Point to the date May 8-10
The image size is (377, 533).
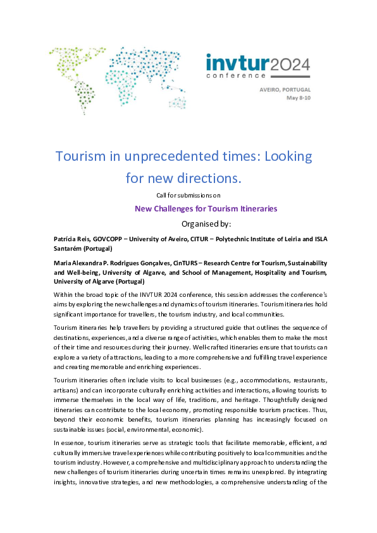click(x=298, y=98)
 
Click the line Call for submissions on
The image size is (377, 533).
click(x=188, y=194)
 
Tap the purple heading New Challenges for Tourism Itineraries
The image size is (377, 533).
click(x=206, y=208)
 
